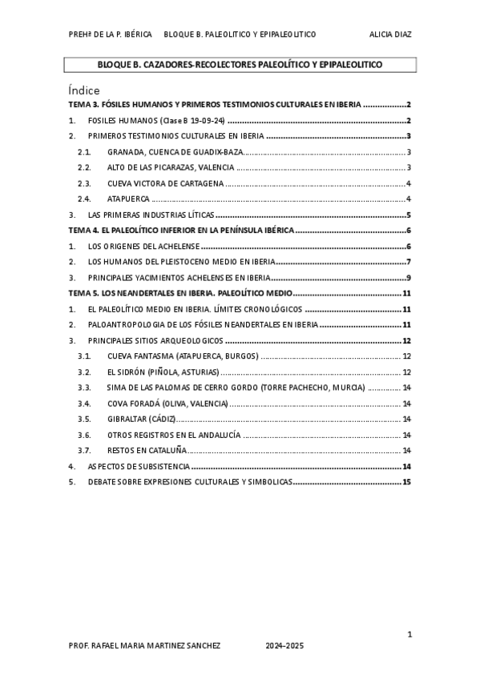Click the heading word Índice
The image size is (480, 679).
[x=83, y=90]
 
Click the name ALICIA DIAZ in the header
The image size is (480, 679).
[x=390, y=34]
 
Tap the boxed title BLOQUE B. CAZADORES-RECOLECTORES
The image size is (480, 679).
[x=240, y=64]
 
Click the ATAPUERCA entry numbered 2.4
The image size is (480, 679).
[x=123, y=199]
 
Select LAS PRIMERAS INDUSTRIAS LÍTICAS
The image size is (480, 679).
[x=151, y=215]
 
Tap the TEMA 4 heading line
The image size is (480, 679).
[x=181, y=230]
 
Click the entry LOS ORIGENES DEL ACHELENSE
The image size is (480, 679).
[x=143, y=246]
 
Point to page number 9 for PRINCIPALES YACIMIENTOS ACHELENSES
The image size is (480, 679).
[x=409, y=277]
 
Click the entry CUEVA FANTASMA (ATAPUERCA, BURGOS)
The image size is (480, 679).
[x=183, y=356]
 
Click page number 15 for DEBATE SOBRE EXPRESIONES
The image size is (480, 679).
[x=407, y=482]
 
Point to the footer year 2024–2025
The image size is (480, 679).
[x=284, y=645]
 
